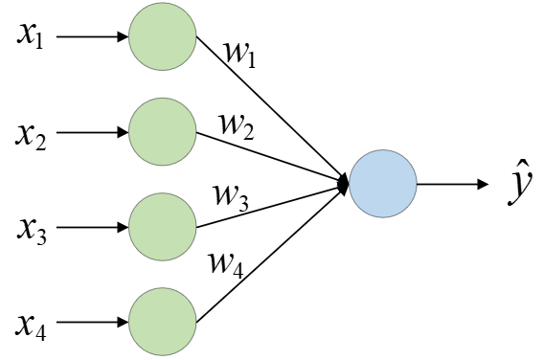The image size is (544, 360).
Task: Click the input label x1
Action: tap(31, 36)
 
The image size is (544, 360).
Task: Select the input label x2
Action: tap(31, 136)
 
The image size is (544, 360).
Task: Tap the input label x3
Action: tap(32, 232)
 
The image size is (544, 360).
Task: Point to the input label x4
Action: tap(31, 327)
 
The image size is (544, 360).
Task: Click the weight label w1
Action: tap(240, 55)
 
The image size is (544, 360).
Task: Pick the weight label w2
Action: tap(237, 127)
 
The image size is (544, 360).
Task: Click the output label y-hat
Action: tap(519, 183)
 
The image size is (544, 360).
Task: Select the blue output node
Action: tap(383, 184)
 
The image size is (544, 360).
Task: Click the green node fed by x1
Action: tap(163, 36)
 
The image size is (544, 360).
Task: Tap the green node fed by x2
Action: tap(163, 132)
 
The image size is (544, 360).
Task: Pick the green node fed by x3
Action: tap(163, 227)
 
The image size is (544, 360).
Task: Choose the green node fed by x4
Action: tap(163, 322)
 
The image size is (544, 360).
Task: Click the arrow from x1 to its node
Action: tap(92, 36)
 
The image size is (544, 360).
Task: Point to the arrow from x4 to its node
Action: tap(92, 323)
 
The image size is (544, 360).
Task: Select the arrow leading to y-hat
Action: tap(452, 184)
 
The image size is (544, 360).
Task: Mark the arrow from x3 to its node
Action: tap(92, 227)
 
